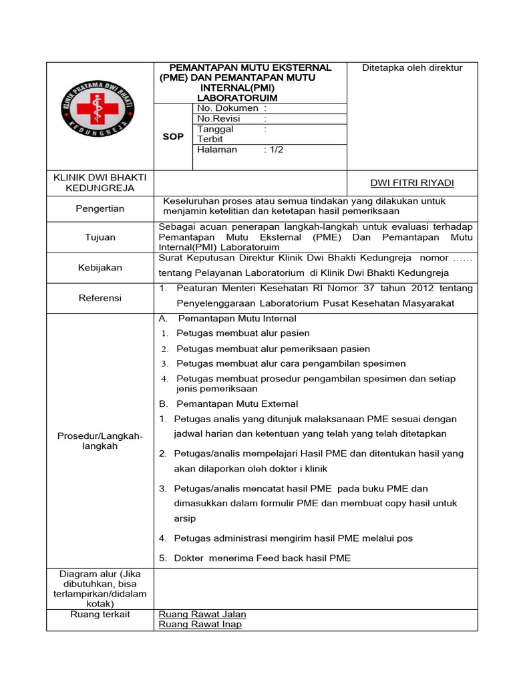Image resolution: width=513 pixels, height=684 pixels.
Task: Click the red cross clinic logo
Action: (x=100, y=110)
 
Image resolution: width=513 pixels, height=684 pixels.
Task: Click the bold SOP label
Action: (x=173, y=137)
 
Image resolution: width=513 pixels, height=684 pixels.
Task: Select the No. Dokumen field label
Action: (x=228, y=108)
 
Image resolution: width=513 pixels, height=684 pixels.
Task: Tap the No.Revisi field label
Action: (x=218, y=118)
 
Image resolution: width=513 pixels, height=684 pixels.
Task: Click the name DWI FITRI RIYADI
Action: (x=411, y=183)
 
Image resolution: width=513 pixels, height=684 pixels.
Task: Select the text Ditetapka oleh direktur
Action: (x=412, y=67)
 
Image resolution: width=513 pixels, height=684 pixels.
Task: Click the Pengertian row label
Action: (x=100, y=208)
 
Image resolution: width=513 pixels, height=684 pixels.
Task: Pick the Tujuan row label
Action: (x=100, y=237)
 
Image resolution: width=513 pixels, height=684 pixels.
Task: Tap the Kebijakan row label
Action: (x=100, y=267)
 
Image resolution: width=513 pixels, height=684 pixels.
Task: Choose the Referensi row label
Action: (x=100, y=298)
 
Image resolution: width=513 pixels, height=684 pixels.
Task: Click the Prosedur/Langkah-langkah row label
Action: (x=100, y=441)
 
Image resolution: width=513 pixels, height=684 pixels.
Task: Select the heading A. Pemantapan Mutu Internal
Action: (x=227, y=319)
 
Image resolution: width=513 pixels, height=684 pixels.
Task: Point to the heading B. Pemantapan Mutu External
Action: (x=228, y=403)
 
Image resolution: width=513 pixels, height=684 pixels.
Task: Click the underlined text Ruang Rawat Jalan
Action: (x=202, y=615)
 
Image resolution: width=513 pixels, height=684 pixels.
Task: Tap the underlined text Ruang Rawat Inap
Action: (x=200, y=625)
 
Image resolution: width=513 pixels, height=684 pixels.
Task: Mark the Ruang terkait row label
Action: (x=100, y=615)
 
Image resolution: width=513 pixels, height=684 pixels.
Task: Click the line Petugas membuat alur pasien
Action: (x=242, y=333)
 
